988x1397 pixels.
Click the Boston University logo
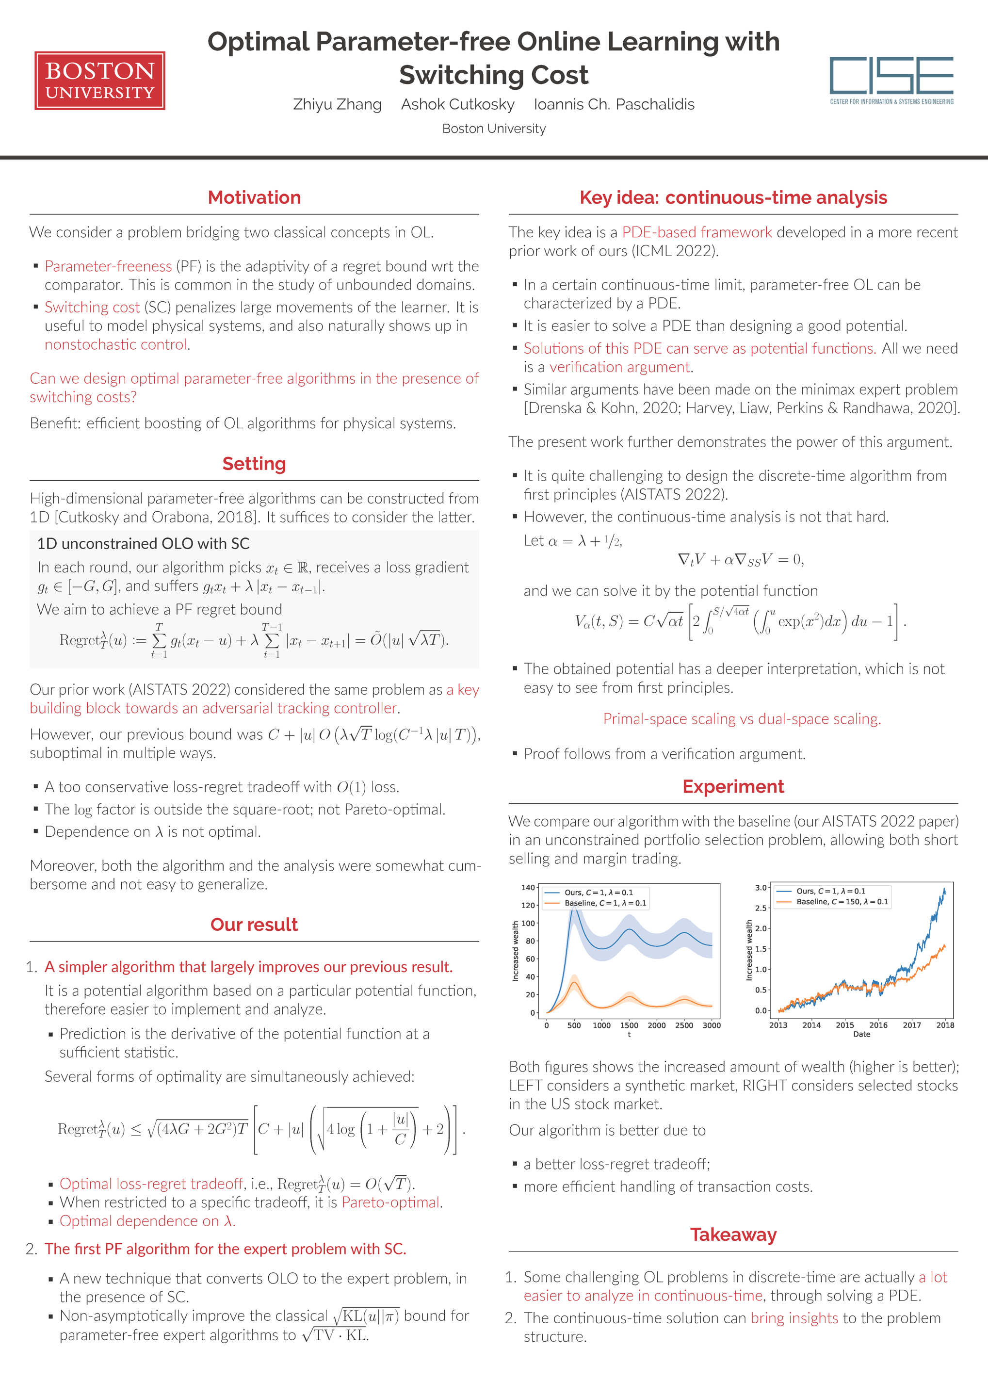(x=100, y=81)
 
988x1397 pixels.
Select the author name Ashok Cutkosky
(x=457, y=105)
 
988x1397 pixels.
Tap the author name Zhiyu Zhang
(x=337, y=105)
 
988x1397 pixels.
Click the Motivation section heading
(x=254, y=198)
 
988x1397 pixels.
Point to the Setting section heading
(x=254, y=464)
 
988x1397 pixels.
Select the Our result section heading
(x=254, y=925)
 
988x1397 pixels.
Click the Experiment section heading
(x=733, y=787)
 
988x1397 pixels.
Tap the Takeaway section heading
(x=733, y=1235)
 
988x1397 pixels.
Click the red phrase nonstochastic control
(x=115, y=345)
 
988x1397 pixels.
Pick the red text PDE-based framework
(x=696, y=232)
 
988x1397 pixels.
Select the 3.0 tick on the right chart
(x=761, y=888)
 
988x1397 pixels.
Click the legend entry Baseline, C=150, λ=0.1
(x=842, y=902)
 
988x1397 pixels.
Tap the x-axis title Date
(x=861, y=1034)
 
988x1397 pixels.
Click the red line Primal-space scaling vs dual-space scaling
(x=742, y=719)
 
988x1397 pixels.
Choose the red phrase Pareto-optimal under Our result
(x=390, y=1203)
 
